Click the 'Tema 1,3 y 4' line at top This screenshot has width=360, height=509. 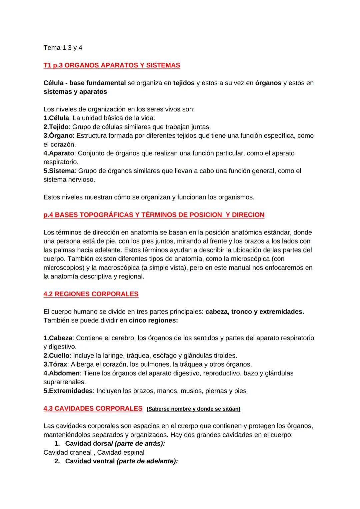tap(63, 48)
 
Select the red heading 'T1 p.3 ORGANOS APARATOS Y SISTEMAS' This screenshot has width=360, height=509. tap(112, 65)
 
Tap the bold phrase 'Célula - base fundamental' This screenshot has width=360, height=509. tap(84, 83)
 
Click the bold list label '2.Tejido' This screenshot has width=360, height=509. tap(56, 127)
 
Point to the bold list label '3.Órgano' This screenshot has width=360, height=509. tap(58, 136)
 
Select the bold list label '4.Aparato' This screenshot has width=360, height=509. tap(59, 153)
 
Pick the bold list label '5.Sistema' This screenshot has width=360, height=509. tap(59, 171)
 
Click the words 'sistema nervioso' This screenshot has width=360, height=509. tap(69, 179)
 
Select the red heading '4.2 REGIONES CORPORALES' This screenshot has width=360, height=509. tap(91, 294)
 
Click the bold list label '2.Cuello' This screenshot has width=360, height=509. tap(56, 356)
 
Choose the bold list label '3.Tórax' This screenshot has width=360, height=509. tap(55, 364)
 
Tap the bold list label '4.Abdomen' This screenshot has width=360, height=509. tap(61, 373)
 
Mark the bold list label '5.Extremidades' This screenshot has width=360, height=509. tap(68, 391)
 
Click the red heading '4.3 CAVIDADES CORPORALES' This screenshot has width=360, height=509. tap(93, 409)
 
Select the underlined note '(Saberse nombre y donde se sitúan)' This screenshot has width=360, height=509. tap(193, 409)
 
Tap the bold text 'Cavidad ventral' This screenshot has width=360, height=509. tap(90, 461)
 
